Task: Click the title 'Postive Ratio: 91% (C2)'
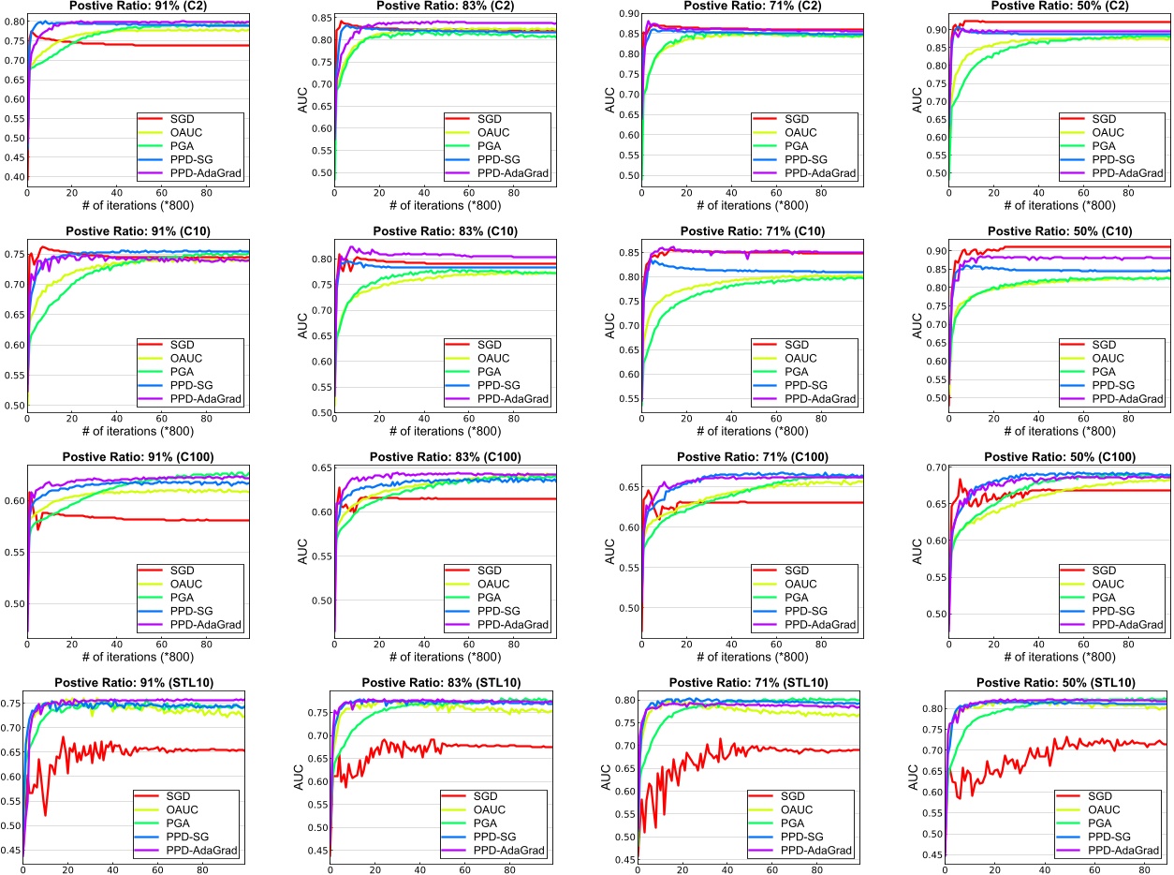138,5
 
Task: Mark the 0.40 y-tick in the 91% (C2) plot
13,177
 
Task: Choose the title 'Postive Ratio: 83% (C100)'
445,456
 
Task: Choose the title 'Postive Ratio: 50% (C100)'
1060,456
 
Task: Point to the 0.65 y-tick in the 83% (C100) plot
319,467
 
